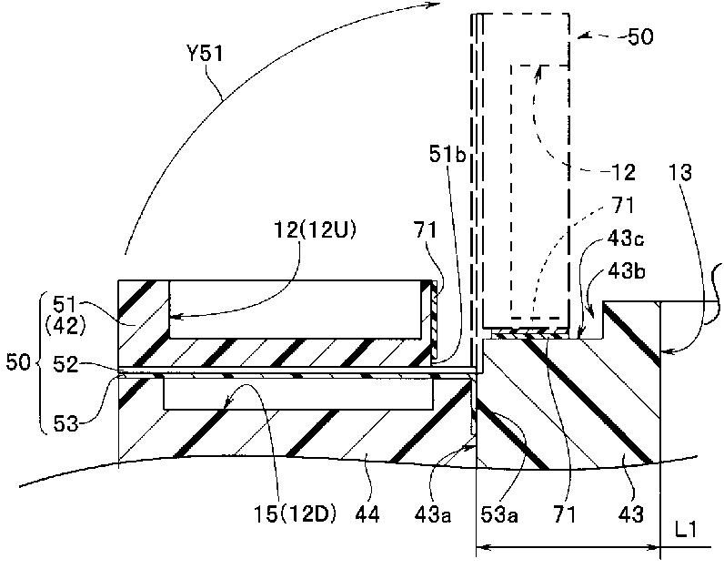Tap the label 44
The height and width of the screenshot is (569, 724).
click(375, 515)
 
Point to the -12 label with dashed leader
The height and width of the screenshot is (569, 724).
click(616, 170)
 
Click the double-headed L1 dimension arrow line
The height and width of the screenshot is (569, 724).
click(568, 548)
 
